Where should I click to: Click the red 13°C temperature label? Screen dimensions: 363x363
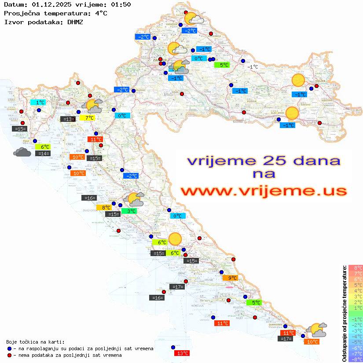pos(182,353)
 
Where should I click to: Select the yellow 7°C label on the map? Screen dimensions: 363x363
pos(87,118)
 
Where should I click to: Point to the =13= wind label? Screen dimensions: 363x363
pos(67,119)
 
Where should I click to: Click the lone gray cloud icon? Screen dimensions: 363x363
pos(22,152)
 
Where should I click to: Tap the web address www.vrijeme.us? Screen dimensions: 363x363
pos(264,191)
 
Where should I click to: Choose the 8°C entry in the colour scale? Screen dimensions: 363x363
pos(356,268)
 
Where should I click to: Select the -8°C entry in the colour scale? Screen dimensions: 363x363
pos(355,359)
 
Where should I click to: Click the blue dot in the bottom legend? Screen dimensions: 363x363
pos(9,348)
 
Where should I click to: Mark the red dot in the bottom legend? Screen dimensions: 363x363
pos(9,355)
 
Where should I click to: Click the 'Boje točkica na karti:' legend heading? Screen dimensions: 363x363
pos(35,341)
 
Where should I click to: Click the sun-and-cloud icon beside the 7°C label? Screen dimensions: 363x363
pos(92,105)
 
